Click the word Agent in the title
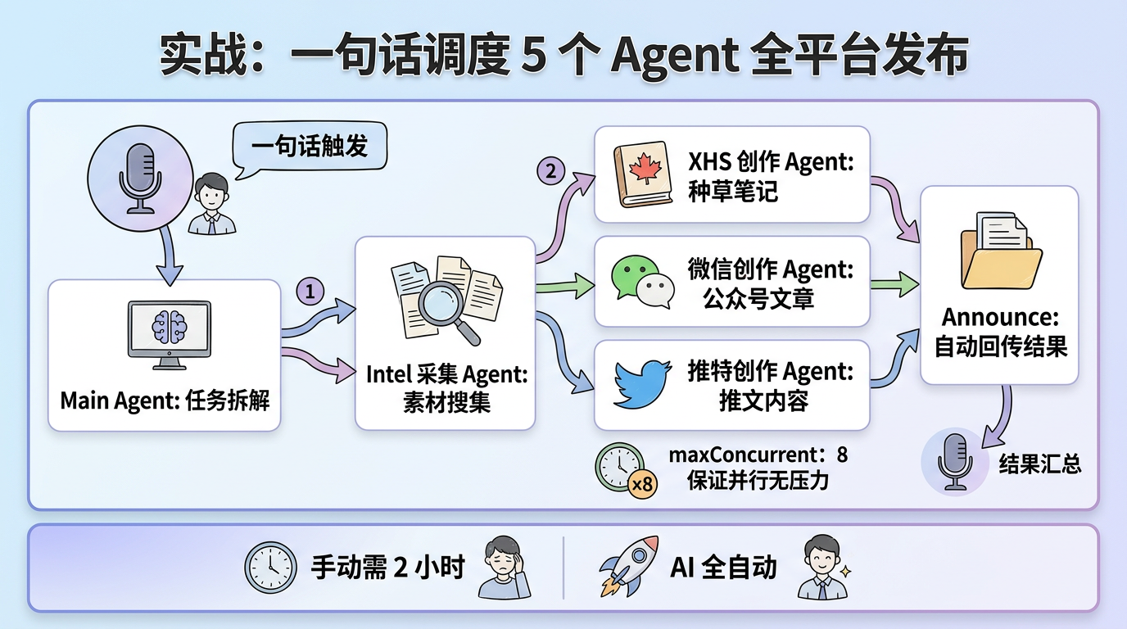668,57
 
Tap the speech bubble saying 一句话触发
310,146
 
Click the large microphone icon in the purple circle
139,177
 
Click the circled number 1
310,291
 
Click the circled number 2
550,171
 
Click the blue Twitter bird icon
644,385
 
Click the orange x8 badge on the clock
644,484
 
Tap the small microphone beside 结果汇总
953,462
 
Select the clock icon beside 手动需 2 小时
271,567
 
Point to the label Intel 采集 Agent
446,374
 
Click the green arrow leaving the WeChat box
894,284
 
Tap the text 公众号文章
758,299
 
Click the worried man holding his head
501,566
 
